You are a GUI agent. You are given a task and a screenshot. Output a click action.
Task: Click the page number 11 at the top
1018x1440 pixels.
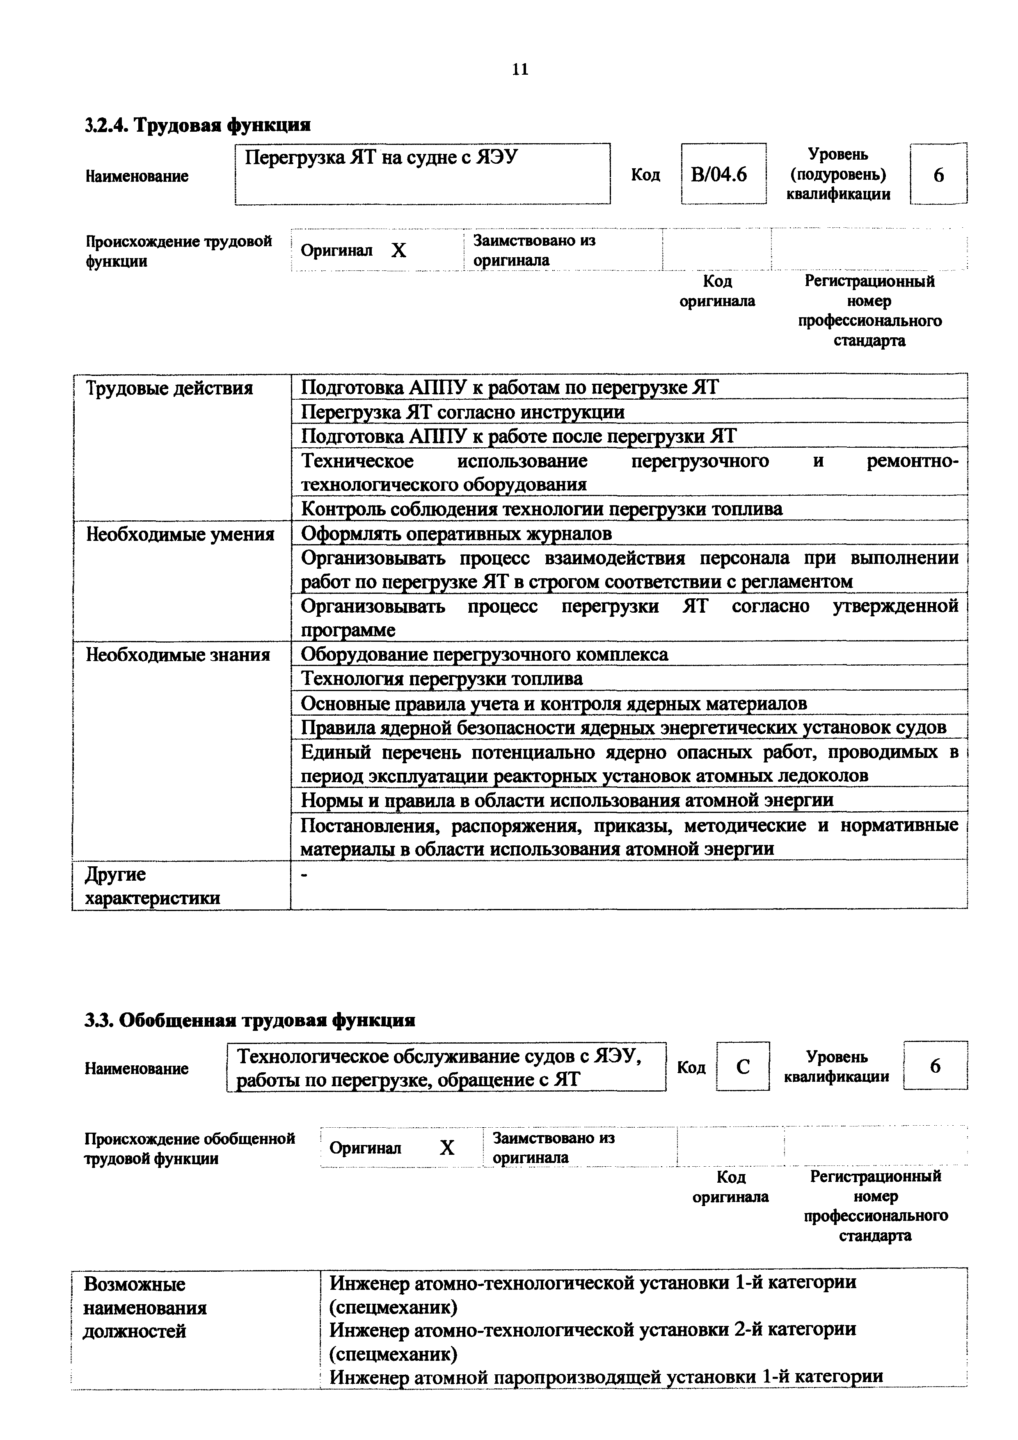click(520, 69)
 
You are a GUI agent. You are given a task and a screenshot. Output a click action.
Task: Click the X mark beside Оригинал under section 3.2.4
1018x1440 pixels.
click(398, 251)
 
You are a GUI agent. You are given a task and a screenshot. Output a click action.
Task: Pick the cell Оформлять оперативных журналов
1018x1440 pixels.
click(457, 534)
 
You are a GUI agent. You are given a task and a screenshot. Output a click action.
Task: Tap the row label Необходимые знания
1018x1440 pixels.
click(178, 655)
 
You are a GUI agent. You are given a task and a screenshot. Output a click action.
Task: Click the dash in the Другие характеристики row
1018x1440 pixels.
click(305, 877)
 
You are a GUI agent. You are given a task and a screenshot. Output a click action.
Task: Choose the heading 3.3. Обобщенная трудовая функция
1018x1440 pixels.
click(249, 1021)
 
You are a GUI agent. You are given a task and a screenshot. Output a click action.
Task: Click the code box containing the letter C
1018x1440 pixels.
click(743, 1066)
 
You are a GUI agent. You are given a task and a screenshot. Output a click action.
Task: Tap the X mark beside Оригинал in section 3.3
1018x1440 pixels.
click(446, 1148)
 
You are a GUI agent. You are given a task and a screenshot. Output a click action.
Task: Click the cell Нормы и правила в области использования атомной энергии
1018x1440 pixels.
click(567, 800)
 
